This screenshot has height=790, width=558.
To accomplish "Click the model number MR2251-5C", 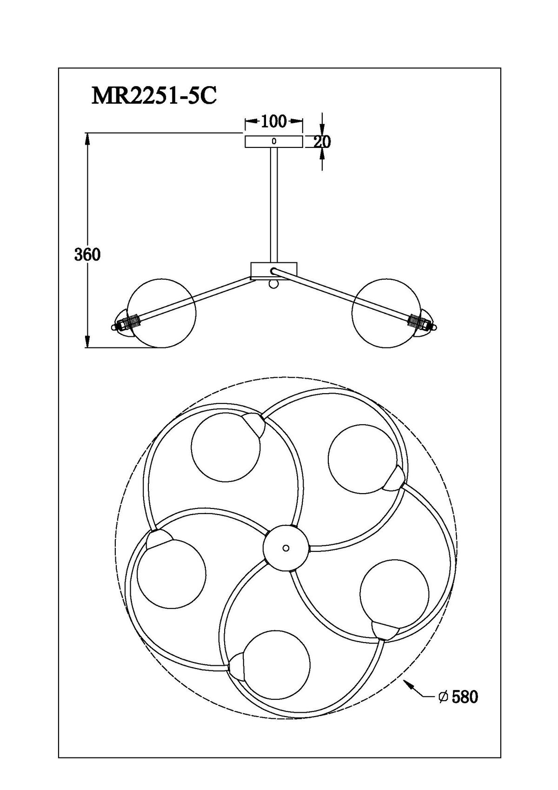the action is pos(154,95).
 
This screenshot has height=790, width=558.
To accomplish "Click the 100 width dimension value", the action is pos(274,121).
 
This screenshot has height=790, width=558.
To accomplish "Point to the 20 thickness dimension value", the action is pos(322,142).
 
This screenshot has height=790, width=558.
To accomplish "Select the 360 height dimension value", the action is pos(87,254).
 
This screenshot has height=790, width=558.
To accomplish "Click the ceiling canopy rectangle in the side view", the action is pos(274,141).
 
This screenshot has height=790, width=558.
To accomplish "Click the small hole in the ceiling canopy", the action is pos(274,141).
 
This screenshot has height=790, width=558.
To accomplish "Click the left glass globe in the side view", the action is pos(161,313).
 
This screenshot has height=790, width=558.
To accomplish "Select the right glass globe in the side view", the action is pos(387,313).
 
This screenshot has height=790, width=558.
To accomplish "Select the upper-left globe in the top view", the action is pos(226,447).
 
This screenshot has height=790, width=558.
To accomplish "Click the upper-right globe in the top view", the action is pos(362,458).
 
